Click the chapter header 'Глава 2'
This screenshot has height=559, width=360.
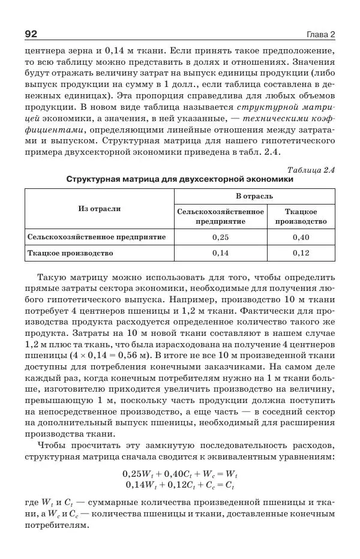click(x=320, y=33)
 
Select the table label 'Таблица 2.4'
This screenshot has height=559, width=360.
click(x=311, y=170)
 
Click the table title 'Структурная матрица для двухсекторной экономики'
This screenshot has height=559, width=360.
click(x=180, y=179)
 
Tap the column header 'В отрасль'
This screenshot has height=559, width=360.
click(x=254, y=196)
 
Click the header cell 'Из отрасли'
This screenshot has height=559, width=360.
click(x=99, y=209)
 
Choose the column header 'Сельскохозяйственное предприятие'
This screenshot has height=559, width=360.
click(x=220, y=217)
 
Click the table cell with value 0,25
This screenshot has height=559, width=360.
click(x=220, y=238)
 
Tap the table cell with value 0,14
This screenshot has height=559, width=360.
click(x=220, y=253)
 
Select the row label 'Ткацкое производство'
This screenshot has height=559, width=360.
click(x=70, y=253)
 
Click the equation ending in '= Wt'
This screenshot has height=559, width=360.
click(x=180, y=474)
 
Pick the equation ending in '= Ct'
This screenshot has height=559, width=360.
click(x=180, y=485)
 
